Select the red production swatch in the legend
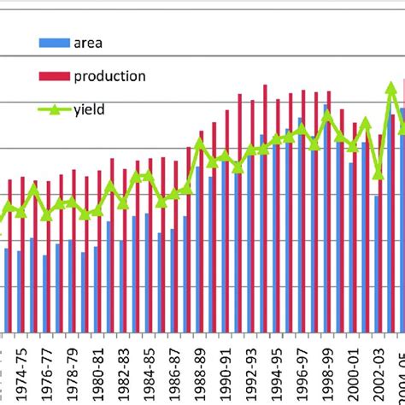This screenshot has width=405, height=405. point(54,76)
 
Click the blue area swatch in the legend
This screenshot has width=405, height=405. point(54,41)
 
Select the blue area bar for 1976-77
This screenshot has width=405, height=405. point(44,294)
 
